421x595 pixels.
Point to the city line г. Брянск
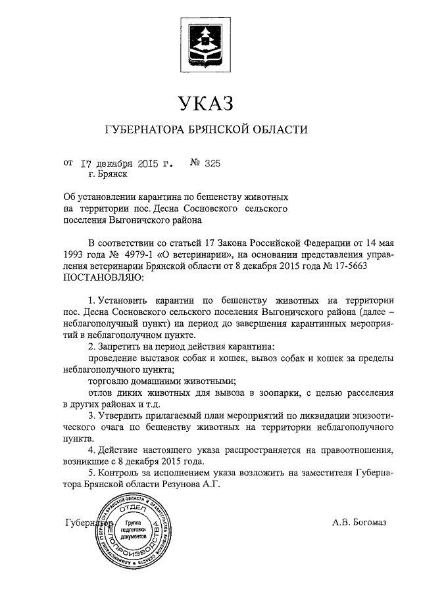click(x=108, y=175)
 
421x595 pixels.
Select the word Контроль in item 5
click(x=121, y=473)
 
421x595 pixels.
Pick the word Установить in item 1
click(x=122, y=299)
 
